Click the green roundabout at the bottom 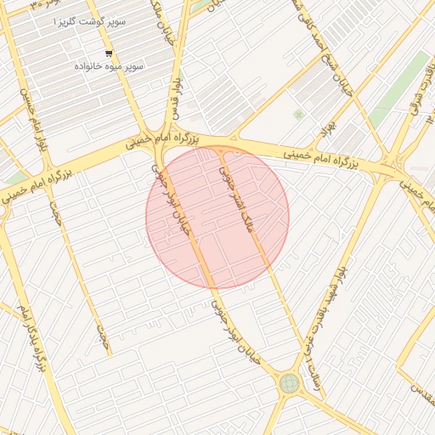(290, 383)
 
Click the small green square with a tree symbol (298, 114)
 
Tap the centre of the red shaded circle (217, 217)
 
